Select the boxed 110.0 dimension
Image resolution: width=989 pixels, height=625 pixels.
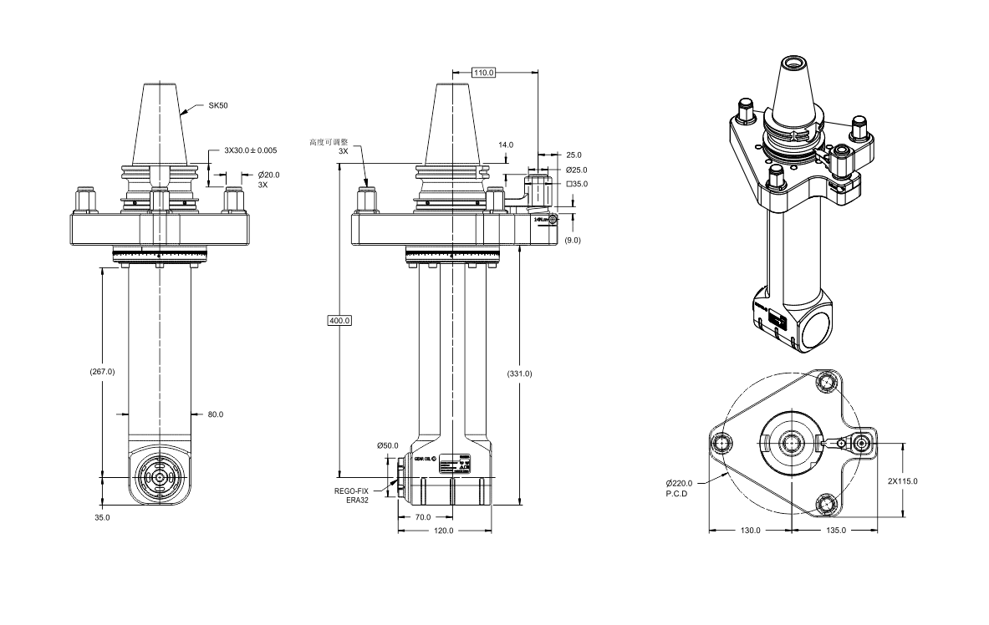tap(484, 73)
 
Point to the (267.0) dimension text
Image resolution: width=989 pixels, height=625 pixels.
tap(102, 371)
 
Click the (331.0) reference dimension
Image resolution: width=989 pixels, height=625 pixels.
tap(519, 373)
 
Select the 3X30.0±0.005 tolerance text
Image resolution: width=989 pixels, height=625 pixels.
tap(251, 150)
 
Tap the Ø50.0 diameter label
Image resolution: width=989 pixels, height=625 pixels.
tap(387, 445)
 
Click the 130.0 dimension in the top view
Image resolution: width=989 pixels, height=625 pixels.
tap(749, 531)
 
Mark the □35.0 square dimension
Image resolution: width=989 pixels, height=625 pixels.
tap(577, 184)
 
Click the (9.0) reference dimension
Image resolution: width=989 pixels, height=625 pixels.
tap(574, 241)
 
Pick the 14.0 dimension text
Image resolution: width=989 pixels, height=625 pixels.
tap(506, 145)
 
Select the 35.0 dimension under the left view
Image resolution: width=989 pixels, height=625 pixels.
tap(102, 518)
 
